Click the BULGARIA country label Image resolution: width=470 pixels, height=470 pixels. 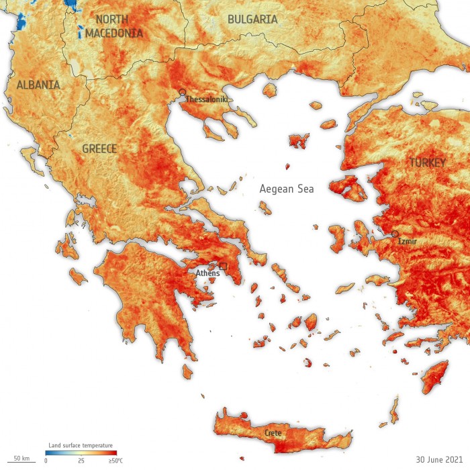pyautogui.click(x=252, y=19)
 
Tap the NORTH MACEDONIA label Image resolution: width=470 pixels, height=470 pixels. pyautogui.click(x=119, y=26)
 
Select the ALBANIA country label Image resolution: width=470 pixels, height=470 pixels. pyautogui.click(x=38, y=85)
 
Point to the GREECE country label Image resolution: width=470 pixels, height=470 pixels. pyautogui.click(x=99, y=148)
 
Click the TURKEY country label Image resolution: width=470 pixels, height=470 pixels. pyautogui.click(x=428, y=162)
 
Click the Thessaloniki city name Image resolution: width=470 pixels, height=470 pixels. pyautogui.click(x=207, y=99)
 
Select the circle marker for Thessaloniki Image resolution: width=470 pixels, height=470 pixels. pyautogui.click(x=182, y=92)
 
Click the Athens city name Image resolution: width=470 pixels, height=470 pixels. pyautogui.click(x=207, y=273)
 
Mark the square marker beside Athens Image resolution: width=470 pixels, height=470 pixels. pyautogui.click(x=223, y=267)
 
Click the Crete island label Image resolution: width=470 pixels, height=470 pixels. pyautogui.click(x=273, y=432)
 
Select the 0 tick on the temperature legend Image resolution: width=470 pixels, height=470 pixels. pyautogui.click(x=46, y=461)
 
